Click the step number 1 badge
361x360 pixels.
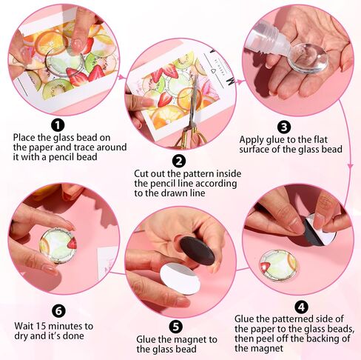click(x=58, y=125)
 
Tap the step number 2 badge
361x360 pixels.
click(x=179, y=161)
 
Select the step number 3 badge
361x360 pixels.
click(x=284, y=127)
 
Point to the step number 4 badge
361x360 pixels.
click(x=301, y=307)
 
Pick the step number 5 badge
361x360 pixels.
click(x=175, y=327)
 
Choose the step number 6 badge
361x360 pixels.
click(x=58, y=311)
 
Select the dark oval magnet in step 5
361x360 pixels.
click(x=197, y=250)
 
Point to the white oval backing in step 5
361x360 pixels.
click(x=180, y=279)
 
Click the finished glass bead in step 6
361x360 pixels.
click(x=58, y=245)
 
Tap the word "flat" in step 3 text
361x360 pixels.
click(x=320, y=139)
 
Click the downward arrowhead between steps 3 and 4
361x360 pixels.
click(x=350, y=166)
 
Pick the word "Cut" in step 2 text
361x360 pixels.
click(x=141, y=173)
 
